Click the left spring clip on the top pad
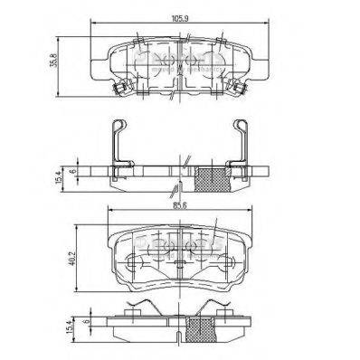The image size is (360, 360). (x=118, y=88)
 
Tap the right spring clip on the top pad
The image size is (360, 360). (x=239, y=88)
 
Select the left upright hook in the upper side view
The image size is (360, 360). (x=116, y=143)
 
